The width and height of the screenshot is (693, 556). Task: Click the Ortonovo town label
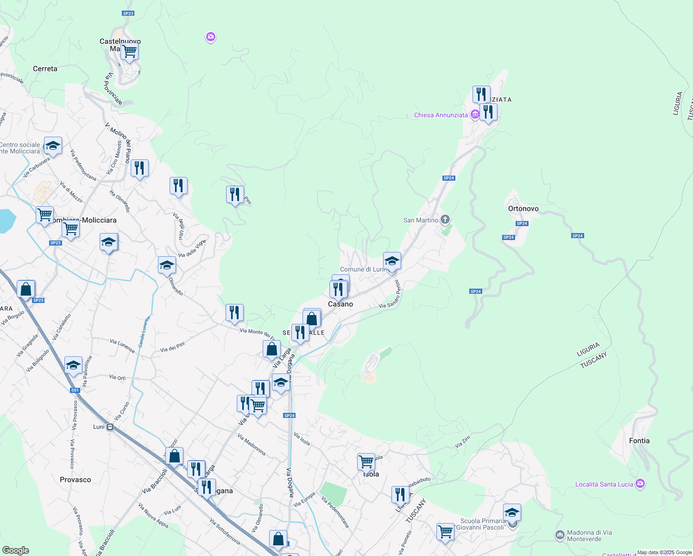[523, 208]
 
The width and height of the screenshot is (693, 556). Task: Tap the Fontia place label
[639, 441]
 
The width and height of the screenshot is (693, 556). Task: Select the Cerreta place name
[45, 69]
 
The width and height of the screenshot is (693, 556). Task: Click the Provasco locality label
[75, 480]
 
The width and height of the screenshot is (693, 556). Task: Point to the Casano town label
[340, 304]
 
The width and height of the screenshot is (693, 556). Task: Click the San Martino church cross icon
[445, 219]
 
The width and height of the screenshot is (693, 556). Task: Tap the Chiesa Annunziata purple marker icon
[474, 114]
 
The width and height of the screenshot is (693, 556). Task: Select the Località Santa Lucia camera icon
[640, 484]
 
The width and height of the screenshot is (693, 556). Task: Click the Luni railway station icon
[110, 427]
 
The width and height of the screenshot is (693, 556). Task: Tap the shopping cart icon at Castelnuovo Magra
[129, 51]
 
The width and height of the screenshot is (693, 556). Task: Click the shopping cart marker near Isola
[366, 461]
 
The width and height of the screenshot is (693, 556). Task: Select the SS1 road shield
[75, 390]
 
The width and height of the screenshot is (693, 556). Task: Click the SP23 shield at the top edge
[128, 13]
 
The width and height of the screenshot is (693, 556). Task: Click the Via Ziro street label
[462, 442]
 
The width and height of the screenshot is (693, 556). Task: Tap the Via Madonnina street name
[252, 444]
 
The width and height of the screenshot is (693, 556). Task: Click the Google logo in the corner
[15, 550]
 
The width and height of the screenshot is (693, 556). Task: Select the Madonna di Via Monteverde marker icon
[560, 535]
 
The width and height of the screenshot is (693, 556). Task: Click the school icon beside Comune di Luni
[392, 261]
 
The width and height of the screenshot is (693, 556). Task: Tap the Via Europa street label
[304, 499]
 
